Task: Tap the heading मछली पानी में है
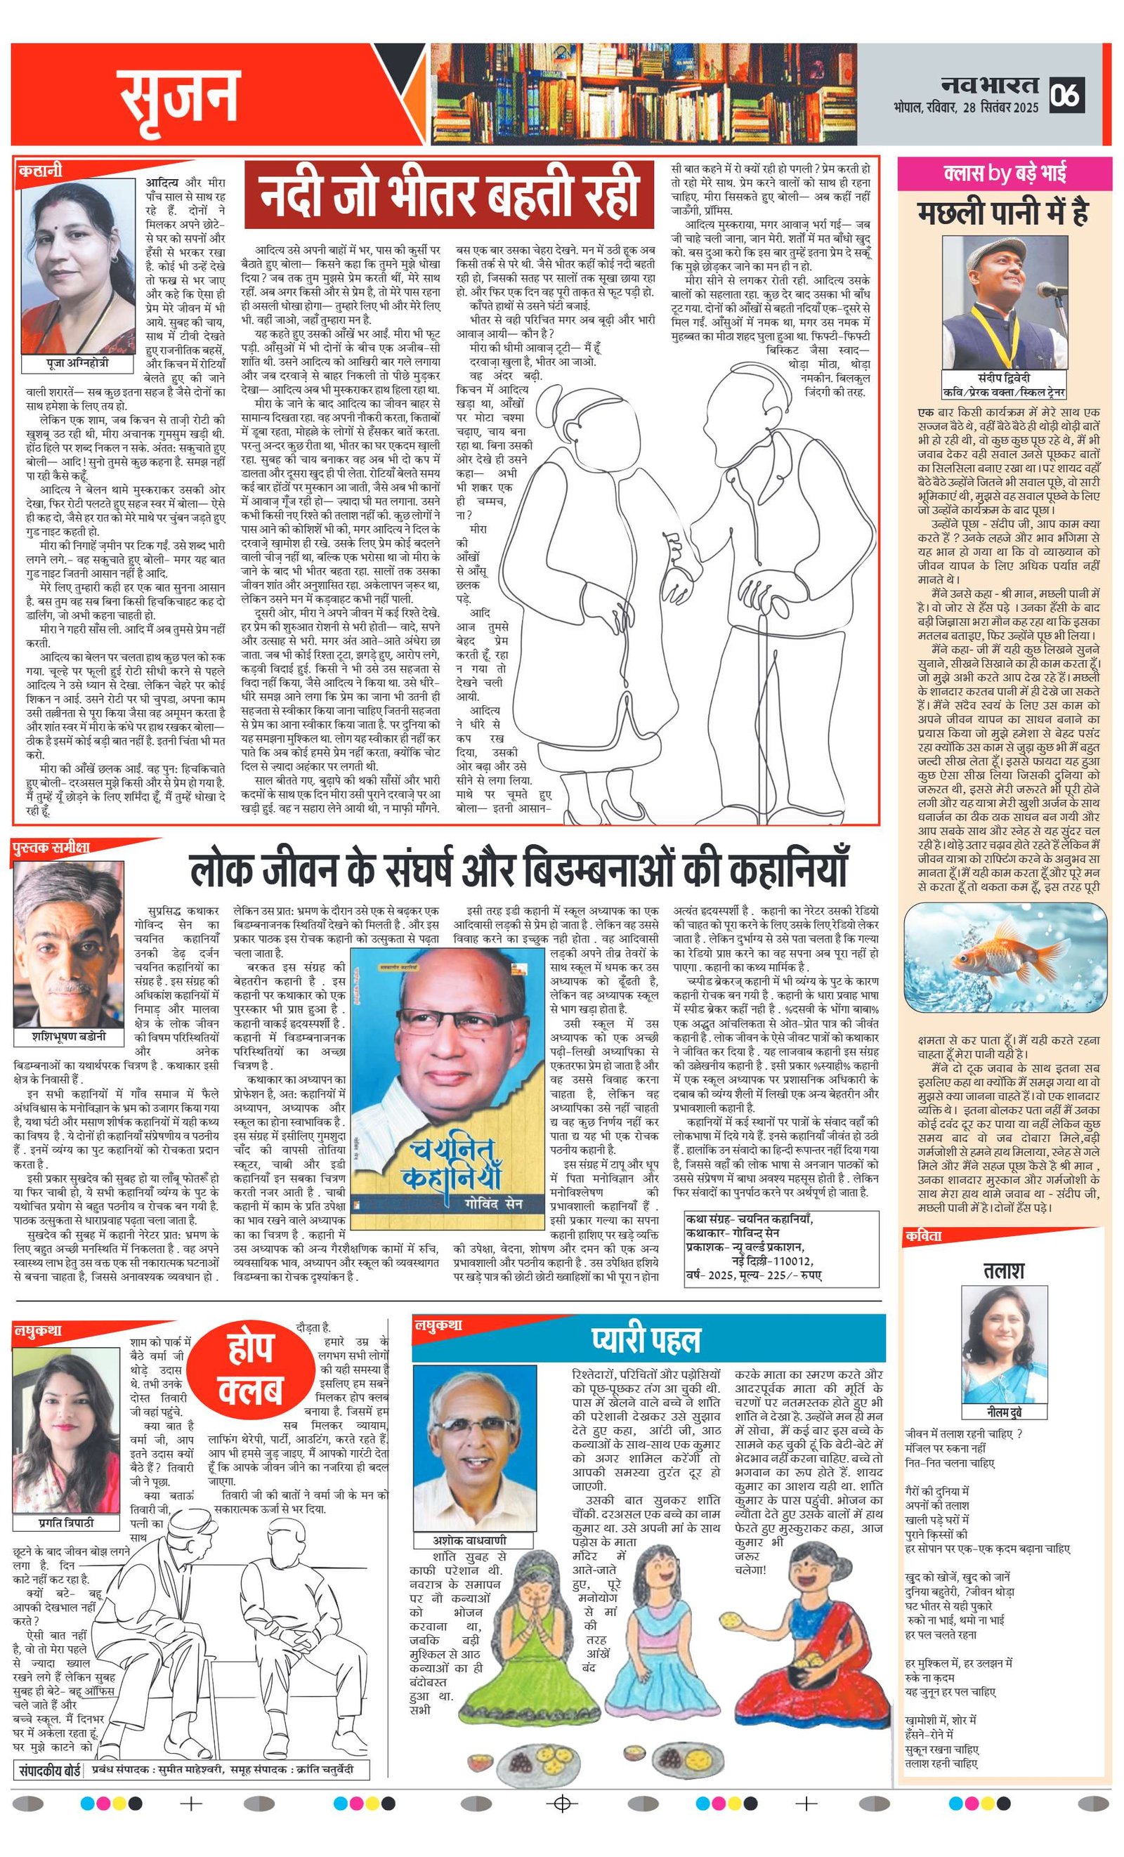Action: tap(1002, 214)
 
